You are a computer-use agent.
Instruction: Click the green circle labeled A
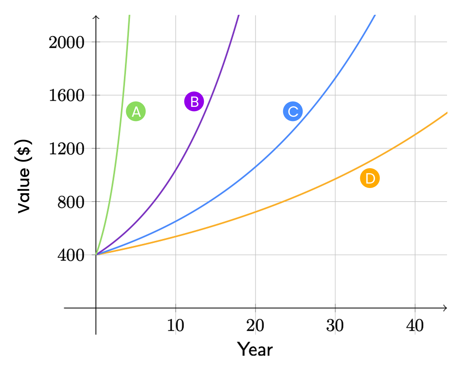(x=136, y=111)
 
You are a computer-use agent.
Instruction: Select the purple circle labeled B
(x=194, y=101)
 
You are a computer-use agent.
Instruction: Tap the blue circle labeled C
(x=293, y=111)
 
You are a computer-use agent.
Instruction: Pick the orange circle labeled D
(x=370, y=178)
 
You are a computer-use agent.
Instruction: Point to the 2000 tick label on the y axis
(x=67, y=43)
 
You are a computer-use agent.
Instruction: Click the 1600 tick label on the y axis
(x=67, y=96)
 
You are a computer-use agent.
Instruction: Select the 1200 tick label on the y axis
(x=67, y=149)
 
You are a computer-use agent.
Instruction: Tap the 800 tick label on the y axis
(x=71, y=202)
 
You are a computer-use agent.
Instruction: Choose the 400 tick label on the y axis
(x=71, y=255)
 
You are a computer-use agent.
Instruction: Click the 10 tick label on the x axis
(x=175, y=326)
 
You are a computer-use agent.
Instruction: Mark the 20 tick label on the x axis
(x=255, y=326)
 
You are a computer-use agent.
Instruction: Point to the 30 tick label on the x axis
(x=335, y=326)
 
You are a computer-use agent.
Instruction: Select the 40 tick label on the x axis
(x=415, y=326)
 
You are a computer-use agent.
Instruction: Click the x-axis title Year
(x=255, y=349)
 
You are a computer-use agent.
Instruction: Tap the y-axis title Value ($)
(x=24, y=176)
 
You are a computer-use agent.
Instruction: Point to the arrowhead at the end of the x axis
(x=445, y=308)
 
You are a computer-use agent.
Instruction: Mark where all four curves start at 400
(x=96, y=255)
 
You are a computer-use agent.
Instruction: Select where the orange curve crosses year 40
(x=415, y=134)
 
